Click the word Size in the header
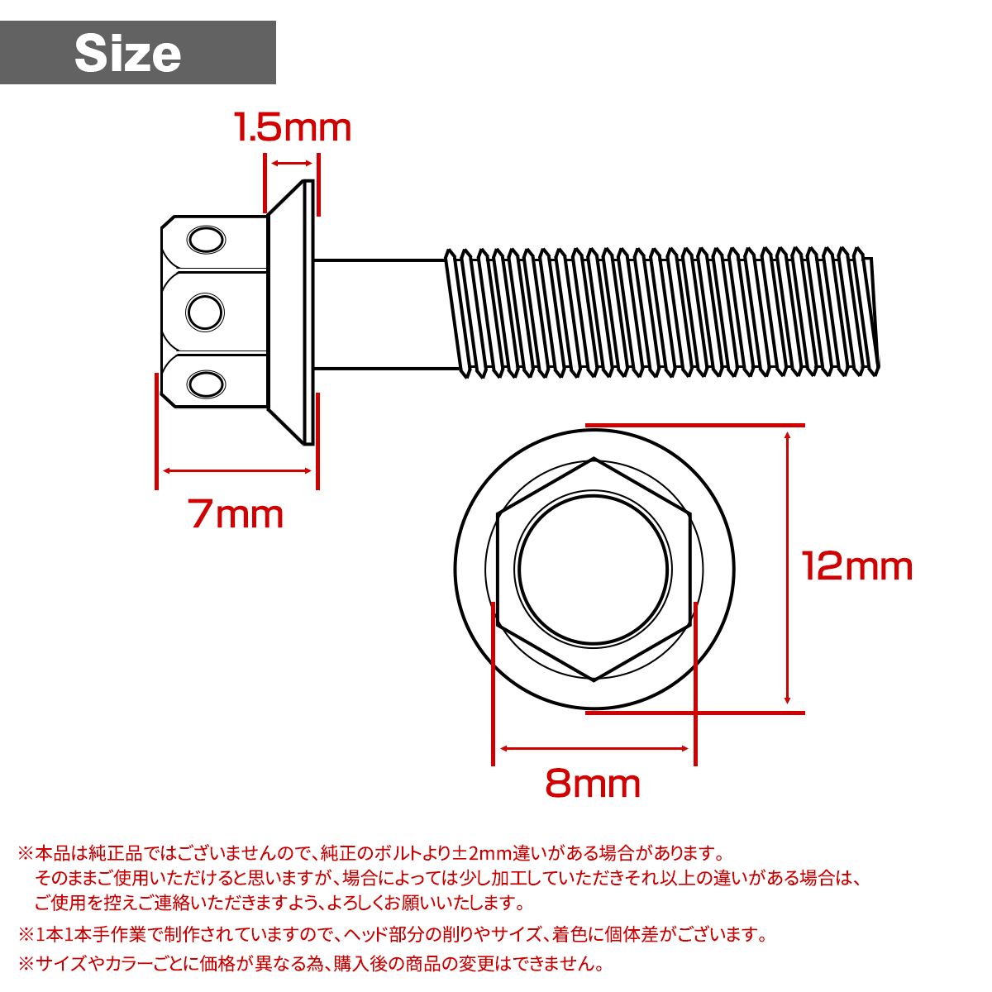click(128, 54)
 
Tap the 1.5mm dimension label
click(293, 128)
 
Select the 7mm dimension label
click(236, 514)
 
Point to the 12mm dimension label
click(857, 566)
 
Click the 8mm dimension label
click(593, 783)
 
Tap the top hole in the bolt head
click(205, 241)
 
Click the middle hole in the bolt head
click(205, 312)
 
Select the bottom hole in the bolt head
click(205, 384)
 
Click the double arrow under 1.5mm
click(291, 164)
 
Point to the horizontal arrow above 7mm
click(236, 471)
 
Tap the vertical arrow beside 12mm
click(788, 568)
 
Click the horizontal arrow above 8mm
click(594, 749)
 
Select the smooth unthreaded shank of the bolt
click(380, 313)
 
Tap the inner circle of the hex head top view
click(594, 569)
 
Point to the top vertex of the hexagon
click(594, 459)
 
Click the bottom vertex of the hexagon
click(594, 680)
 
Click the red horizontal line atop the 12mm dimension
click(694, 426)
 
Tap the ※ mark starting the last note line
click(26, 963)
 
